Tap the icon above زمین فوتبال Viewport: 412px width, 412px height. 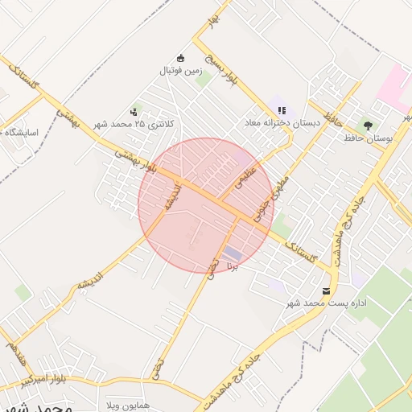pos(180,57)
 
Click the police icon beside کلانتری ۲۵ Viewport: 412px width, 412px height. pos(134,112)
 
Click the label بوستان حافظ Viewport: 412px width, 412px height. pos(368,138)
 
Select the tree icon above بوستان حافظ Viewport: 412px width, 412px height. pos(368,125)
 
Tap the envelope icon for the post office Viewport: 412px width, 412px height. pos(326,290)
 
